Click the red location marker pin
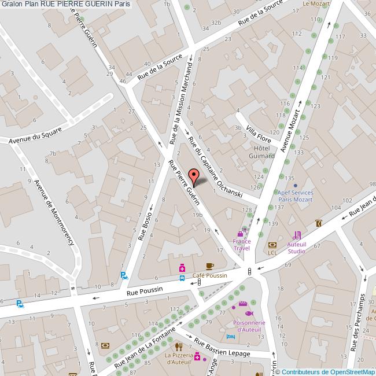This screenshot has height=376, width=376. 194,176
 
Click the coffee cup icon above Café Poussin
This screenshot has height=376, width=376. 209,266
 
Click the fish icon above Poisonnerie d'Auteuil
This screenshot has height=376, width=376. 248,313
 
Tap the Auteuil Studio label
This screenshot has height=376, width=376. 297,248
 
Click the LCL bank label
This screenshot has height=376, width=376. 272,253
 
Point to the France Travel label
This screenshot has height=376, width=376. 241,244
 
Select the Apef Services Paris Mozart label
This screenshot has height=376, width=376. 295,196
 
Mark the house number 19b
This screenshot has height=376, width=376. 198,215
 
